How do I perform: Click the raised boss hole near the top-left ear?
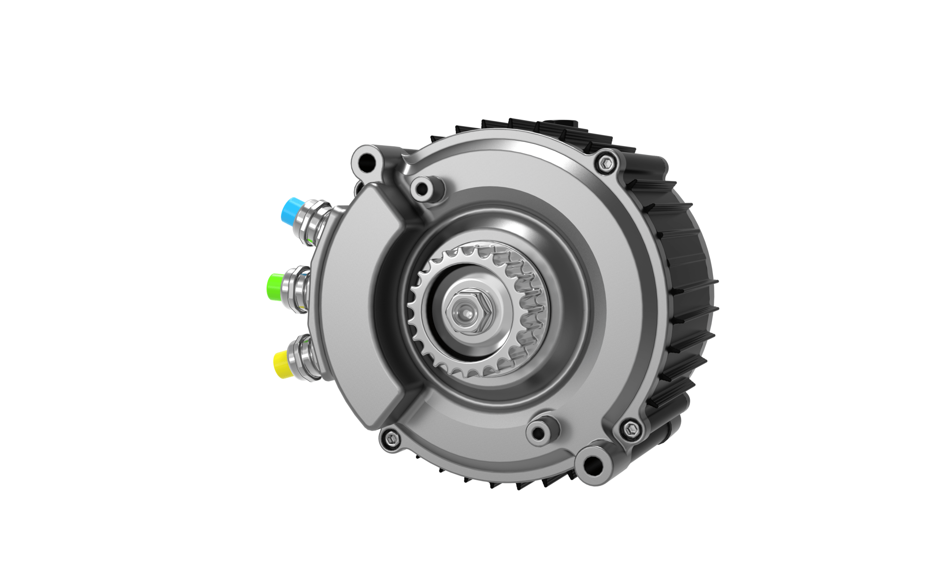click(x=422, y=188)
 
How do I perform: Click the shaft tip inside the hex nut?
click(x=464, y=314)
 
